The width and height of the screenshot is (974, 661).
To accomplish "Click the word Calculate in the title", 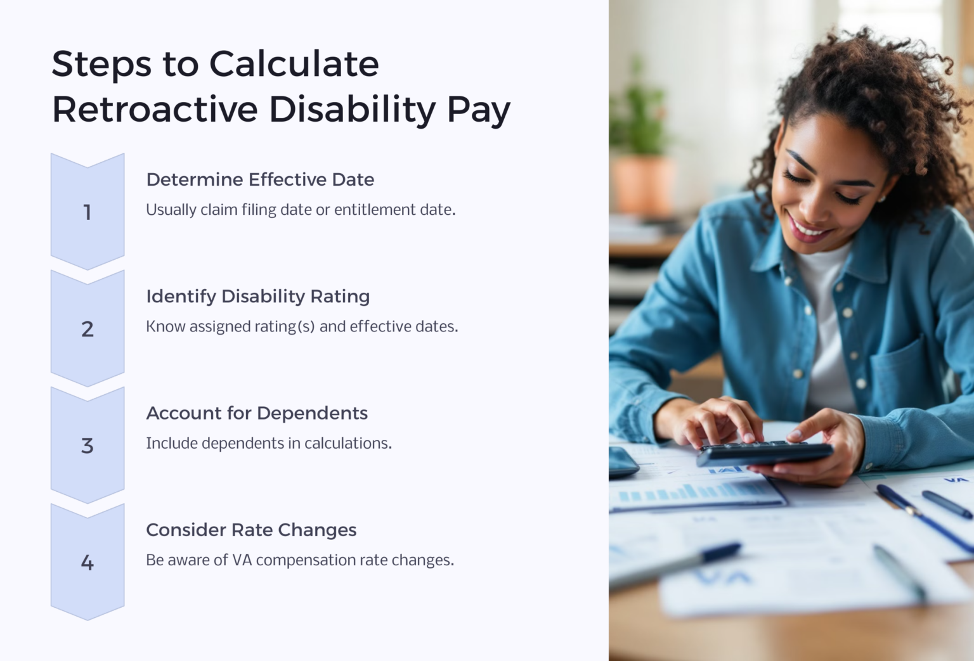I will pos(294,64).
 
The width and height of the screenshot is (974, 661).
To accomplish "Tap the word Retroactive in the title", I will pos(155,109).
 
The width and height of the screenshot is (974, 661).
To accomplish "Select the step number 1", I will pos(88,212).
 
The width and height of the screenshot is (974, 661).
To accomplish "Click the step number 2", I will pos(88,329).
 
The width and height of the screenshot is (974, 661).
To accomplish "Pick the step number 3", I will pos(88,446).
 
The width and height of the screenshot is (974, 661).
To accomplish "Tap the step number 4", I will pos(88,563).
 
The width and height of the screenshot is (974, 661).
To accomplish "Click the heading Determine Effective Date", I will pos(260,179).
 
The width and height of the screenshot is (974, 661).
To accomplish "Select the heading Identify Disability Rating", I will pos(257,296).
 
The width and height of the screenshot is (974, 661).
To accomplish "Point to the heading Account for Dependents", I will pos(257,413).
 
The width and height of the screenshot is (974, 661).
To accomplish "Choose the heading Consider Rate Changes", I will pos(251,530).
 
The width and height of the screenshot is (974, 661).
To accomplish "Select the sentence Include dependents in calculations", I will pos(269,443).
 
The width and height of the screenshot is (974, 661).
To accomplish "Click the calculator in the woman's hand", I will pos(764,453).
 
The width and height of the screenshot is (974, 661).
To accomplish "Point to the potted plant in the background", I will pos(640,152).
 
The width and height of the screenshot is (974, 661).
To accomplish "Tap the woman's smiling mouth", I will pos(805,228).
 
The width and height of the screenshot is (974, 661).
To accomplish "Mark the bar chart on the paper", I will pos(691,491).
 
